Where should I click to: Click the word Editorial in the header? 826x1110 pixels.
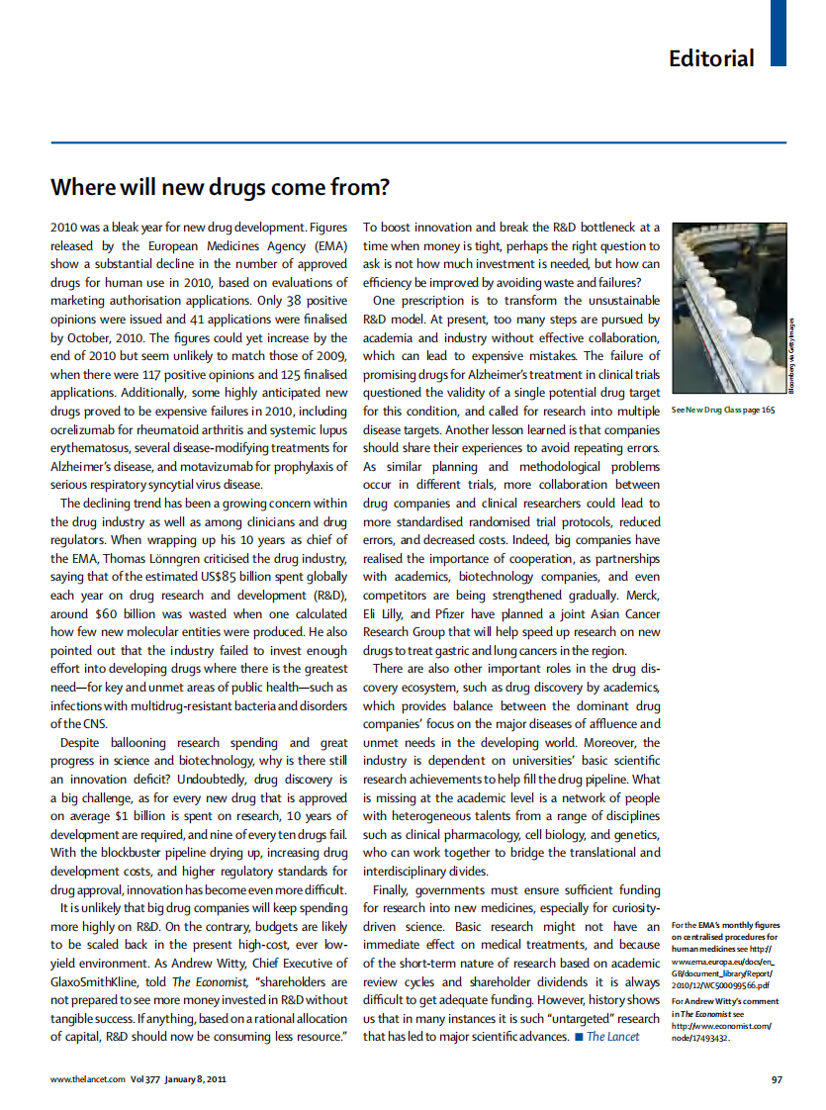point(710,58)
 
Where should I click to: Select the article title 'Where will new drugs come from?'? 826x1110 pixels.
point(220,187)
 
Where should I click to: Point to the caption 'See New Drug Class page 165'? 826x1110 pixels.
point(723,409)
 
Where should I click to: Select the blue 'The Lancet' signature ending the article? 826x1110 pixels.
point(612,1037)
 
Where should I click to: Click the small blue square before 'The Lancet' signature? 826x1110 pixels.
point(578,1037)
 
